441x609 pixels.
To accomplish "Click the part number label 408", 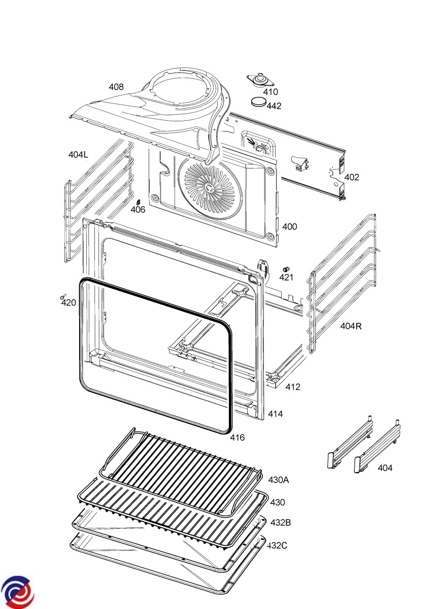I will click(116, 87).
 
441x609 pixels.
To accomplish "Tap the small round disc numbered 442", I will click(259, 101).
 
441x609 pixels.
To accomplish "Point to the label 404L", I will click(78, 154).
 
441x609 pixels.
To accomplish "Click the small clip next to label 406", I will click(136, 202).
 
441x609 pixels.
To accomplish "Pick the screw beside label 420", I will click(63, 295).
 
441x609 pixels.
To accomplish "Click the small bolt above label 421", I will click(286, 268).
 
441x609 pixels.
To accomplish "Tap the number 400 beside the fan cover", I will click(289, 226).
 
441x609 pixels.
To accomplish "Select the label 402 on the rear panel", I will click(352, 177).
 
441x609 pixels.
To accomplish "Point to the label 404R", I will click(351, 326).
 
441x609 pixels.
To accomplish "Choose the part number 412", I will click(293, 387).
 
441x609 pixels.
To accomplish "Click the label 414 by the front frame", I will click(276, 414).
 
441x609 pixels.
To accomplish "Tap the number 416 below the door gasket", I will click(238, 437).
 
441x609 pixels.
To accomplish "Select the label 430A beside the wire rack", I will click(279, 480).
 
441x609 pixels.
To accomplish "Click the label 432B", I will click(280, 522).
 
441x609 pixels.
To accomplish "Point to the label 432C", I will click(278, 545).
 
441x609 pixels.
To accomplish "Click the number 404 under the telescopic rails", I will click(385, 468).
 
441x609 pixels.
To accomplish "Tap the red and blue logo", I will click(17, 592).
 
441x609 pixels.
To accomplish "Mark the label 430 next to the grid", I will click(278, 502).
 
